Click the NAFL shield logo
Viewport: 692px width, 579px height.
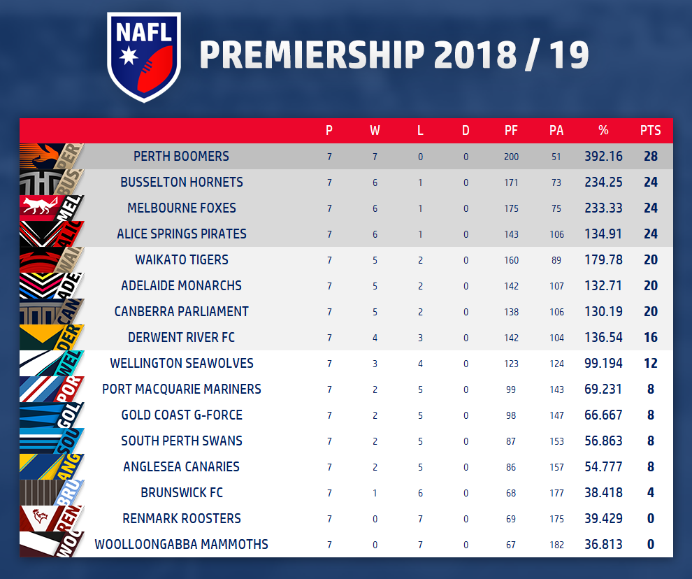tap(144, 57)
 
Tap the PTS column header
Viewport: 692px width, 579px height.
tap(650, 130)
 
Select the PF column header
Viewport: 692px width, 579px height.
tap(511, 130)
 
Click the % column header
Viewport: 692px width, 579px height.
tap(603, 130)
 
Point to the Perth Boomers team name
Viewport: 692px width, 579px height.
tap(181, 156)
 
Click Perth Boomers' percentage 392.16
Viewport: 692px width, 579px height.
tap(603, 156)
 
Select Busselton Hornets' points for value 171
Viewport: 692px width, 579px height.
tap(511, 183)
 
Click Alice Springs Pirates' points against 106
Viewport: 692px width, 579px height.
tap(556, 234)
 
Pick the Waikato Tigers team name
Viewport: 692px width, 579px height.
tap(182, 259)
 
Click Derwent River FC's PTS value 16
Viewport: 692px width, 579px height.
tap(650, 337)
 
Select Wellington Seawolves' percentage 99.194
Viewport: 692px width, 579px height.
tap(603, 363)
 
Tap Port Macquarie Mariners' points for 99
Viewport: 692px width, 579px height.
tap(511, 389)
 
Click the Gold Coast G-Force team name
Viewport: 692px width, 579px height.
tap(182, 415)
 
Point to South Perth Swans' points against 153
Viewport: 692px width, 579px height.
tap(556, 441)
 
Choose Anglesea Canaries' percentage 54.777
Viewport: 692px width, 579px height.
tap(603, 466)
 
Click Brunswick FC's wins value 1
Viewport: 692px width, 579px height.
tap(375, 493)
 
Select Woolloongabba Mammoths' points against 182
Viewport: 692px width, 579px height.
tap(556, 545)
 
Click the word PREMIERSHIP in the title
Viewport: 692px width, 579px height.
tap(312, 55)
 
